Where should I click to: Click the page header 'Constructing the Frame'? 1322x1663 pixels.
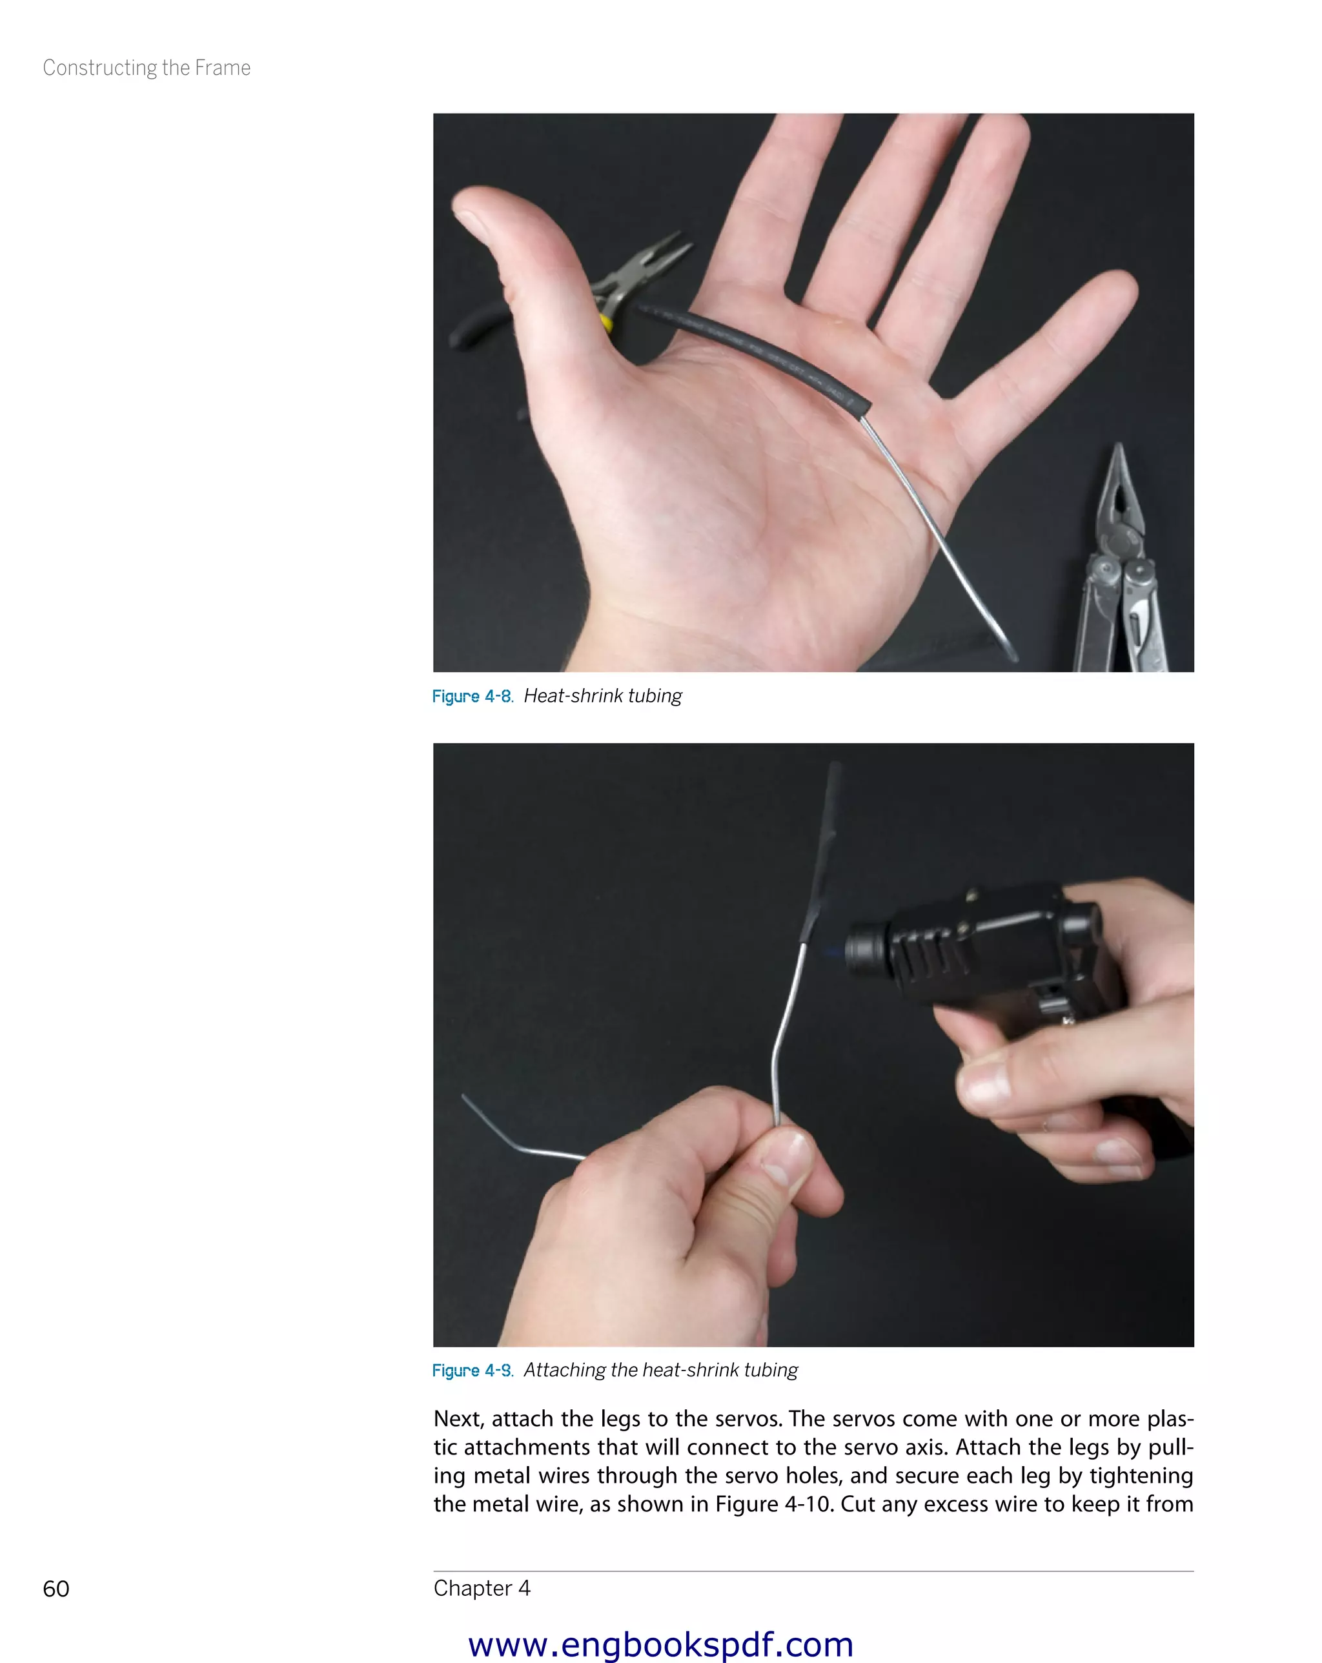147,68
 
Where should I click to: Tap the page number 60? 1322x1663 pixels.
56,1588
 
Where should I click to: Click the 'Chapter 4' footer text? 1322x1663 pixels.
482,1587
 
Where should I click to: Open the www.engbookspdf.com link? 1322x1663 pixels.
660,1644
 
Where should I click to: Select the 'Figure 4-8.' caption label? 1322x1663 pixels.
473,696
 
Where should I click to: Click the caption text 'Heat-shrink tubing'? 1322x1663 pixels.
603,696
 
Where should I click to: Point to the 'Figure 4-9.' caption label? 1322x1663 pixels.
473,1370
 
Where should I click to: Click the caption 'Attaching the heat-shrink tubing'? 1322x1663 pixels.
661,1370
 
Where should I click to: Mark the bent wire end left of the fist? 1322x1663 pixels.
509,1134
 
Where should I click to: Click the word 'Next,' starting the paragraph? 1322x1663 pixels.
459,1418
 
